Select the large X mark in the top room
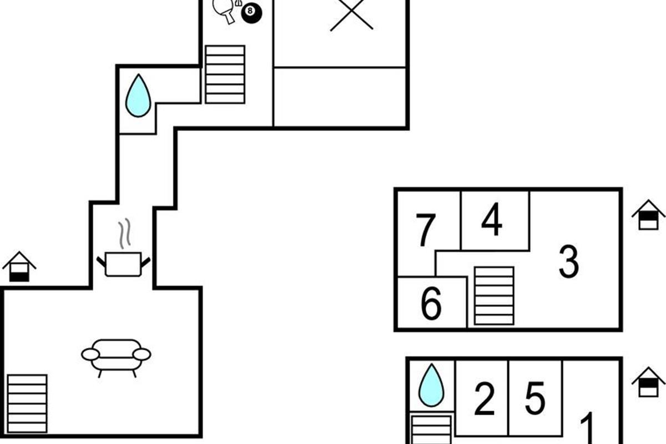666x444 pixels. tap(351, 13)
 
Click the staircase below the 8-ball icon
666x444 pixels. tap(225, 74)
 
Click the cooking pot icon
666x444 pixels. tap(123, 264)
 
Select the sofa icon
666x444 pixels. tap(116, 356)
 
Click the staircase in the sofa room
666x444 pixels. tap(27, 403)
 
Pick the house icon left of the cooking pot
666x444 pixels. tap(19, 266)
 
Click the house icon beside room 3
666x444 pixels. tap(648, 215)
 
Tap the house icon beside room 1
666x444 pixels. tap(648, 382)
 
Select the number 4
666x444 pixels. tap(492, 220)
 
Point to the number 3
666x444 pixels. tap(569, 262)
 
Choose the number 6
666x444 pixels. tap(431, 304)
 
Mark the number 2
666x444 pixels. tap(484, 399)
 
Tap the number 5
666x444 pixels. tap(535, 398)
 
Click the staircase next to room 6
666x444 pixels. tap(494, 296)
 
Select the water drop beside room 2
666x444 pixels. tap(431, 385)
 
